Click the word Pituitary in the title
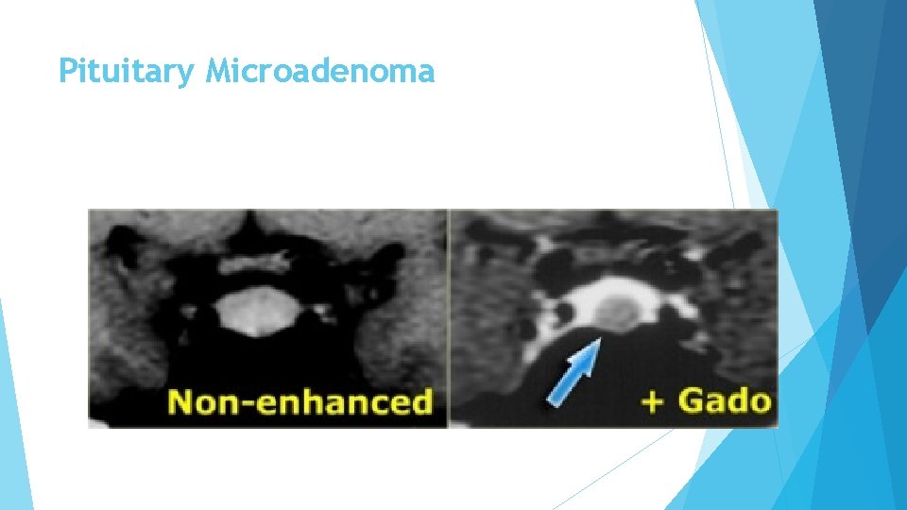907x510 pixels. pos(128,72)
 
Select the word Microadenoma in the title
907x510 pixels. pos(320,72)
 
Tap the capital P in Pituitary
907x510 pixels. pos(66,71)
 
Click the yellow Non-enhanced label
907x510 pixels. pos(299,401)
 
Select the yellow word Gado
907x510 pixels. pos(724,399)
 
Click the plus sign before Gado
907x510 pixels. pos(652,400)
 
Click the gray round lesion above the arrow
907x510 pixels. pos(617,311)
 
